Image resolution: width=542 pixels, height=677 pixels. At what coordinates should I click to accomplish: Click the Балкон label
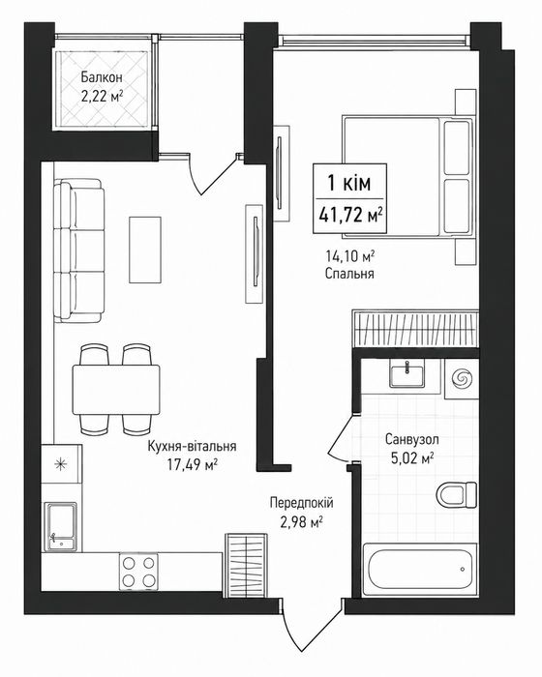tap(102, 77)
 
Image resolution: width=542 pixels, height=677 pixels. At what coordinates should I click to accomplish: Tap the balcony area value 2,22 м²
tap(102, 96)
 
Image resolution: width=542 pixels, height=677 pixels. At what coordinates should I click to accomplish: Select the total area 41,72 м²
tap(350, 215)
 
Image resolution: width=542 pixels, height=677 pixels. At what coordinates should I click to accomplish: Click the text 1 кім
tap(349, 184)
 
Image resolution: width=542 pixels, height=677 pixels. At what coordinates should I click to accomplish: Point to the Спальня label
tap(349, 274)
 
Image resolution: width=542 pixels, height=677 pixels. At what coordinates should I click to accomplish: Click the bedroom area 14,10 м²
tap(349, 257)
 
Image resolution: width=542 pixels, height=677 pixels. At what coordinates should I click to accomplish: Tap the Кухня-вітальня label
tap(192, 446)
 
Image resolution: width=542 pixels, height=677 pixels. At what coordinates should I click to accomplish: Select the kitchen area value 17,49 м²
tap(192, 464)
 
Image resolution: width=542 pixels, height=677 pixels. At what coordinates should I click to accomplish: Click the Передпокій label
tap(302, 503)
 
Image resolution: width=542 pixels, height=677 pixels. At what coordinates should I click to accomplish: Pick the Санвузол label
tap(412, 439)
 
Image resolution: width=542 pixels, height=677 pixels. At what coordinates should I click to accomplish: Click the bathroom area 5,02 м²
tap(412, 457)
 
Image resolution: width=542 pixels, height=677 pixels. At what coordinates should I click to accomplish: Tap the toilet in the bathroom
tap(457, 495)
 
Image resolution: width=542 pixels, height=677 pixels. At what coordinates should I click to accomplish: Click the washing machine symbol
tap(462, 379)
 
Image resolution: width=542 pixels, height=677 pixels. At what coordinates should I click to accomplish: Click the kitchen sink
tap(62, 525)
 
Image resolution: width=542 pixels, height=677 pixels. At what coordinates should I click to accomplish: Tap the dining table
tap(116, 390)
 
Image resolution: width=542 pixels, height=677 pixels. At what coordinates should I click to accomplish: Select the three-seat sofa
tap(79, 250)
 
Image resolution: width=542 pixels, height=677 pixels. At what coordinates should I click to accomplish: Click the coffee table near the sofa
tap(145, 250)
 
